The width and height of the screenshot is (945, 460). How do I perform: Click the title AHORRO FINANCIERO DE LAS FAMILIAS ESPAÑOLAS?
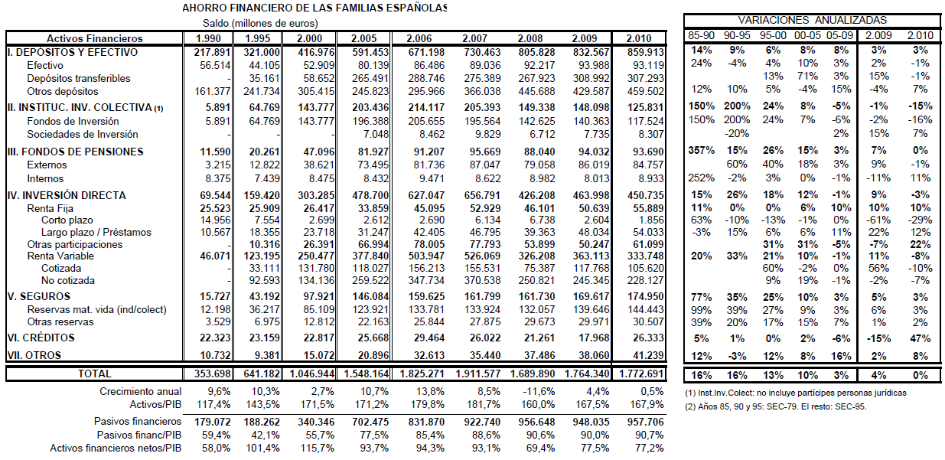point(314,8)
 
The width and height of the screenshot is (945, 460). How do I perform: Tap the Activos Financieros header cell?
point(94,38)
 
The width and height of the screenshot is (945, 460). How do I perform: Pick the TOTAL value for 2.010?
point(645,374)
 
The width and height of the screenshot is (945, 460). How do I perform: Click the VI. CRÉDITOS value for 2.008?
point(533,338)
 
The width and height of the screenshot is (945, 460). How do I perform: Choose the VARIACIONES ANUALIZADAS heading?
point(812,20)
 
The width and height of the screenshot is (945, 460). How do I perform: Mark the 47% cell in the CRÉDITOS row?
point(921,338)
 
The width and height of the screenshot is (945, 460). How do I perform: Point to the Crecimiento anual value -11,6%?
point(531,391)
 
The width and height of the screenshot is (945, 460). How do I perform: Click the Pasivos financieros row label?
point(137,421)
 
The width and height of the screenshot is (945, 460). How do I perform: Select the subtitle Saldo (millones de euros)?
point(256,23)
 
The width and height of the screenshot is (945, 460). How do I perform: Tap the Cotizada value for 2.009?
point(589,269)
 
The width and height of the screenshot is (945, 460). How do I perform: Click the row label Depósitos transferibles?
point(78,78)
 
